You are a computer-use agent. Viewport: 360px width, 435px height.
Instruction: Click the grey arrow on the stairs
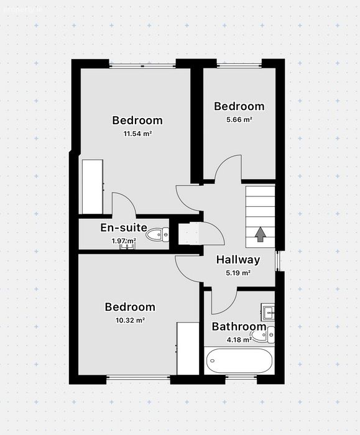click(x=261, y=234)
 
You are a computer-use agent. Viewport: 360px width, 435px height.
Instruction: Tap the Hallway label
click(x=238, y=260)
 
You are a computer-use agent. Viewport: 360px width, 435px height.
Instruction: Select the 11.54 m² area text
click(x=137, y=134)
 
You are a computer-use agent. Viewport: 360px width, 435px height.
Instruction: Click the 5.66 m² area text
click(x=239, y=120)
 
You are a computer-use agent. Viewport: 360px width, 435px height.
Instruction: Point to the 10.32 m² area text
click(x=131, y=321)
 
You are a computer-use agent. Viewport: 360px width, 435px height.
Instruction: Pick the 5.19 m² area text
click(x=238, y=273)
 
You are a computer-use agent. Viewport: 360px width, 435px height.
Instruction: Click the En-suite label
click(x=124, y=227)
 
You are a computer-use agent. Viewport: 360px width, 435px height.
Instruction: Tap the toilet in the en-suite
click(x=157, y=235)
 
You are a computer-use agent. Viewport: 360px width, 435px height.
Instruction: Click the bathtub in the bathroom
click(x=239, y=360)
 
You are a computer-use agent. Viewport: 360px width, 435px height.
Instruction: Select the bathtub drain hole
click(x=213, y=360)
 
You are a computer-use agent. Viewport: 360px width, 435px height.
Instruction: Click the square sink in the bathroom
click(x=268, y=312)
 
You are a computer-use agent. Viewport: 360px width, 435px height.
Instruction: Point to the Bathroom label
click(x=239, y=326)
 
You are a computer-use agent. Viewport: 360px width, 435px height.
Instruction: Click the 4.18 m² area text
click(x=239, y=340)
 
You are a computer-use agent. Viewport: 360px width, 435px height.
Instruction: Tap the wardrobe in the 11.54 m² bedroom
click(x=93, y=186)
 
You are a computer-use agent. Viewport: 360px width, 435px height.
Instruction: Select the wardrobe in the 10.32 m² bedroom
click(x=188, y=349)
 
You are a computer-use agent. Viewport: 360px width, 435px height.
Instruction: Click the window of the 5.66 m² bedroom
click(x=239, y=65)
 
